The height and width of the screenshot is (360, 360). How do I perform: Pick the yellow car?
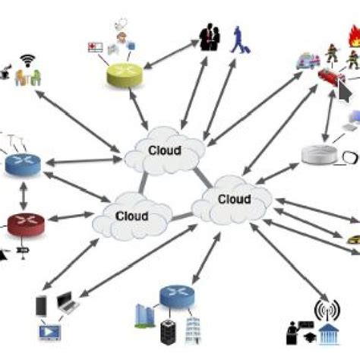click(351, 240)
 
